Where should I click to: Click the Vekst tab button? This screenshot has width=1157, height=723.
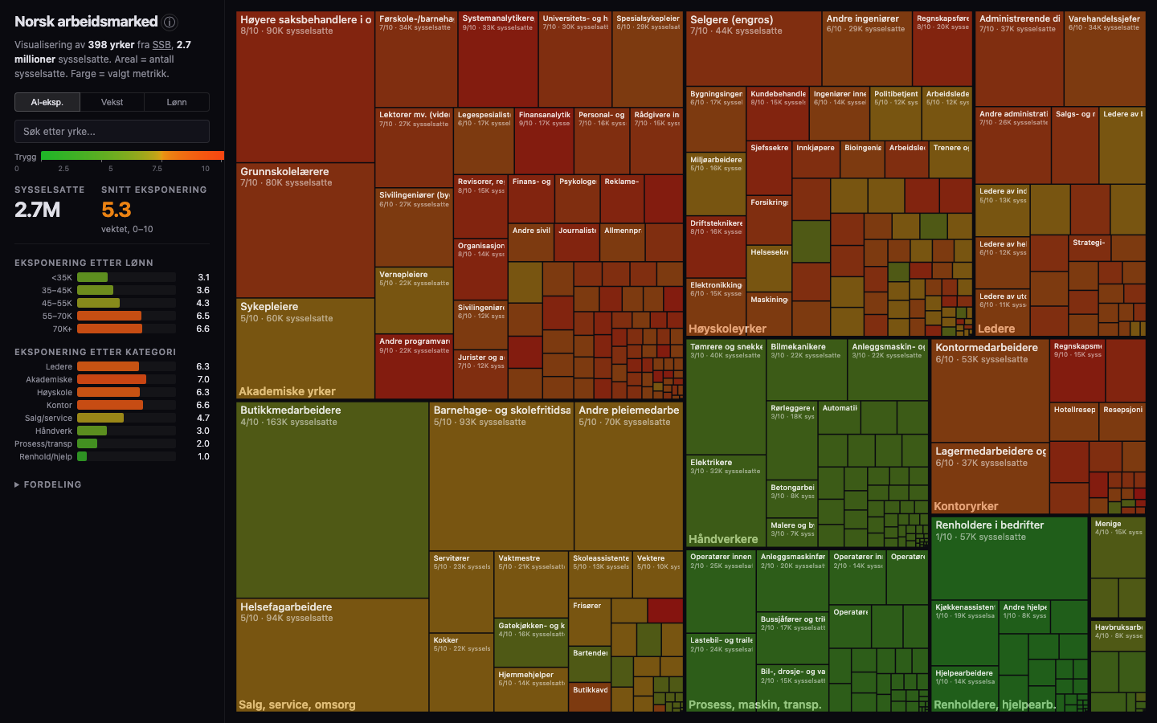tap(112, 102)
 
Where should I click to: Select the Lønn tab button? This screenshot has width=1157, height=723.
tap(177, 102)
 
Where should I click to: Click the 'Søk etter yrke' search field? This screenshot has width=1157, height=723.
tap(112, 131)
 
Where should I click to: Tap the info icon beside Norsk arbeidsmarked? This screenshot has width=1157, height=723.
tap(170, 22)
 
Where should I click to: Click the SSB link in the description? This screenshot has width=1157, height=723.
tap(161, 45)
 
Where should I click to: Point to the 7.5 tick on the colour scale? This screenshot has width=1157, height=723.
tap(157, 169)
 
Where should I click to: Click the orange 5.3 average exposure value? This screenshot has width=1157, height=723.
tap(117, 210)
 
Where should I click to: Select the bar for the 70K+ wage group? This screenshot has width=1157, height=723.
tap(109, 329)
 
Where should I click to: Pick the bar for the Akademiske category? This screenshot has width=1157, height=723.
tap(112, 379)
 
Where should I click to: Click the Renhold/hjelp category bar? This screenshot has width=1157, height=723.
tap(82, 456)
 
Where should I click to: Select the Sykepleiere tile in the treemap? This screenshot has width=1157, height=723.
tap(305, 345)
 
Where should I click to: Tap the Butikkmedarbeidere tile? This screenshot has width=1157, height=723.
tap(332, 498)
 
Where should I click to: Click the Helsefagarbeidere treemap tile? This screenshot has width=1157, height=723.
tap(332, 651)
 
